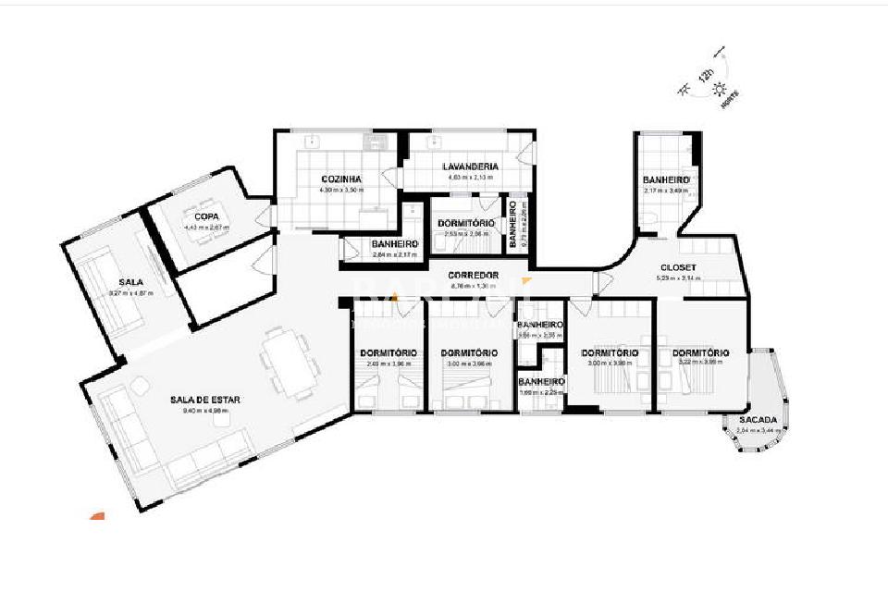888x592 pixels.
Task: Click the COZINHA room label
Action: (x=340, y=179)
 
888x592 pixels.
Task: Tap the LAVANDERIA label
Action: (x=472, y=166)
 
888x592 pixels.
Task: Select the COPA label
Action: (x=206, y=216)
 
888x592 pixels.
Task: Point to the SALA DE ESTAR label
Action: (x=204, y=400)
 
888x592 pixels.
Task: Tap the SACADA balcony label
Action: (x=758, y=420)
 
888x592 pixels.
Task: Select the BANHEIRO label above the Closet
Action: (x=666, y=179)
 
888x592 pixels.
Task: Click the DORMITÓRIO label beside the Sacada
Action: (x=700, y=352)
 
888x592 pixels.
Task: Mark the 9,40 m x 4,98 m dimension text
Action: (x=204, y=411)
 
